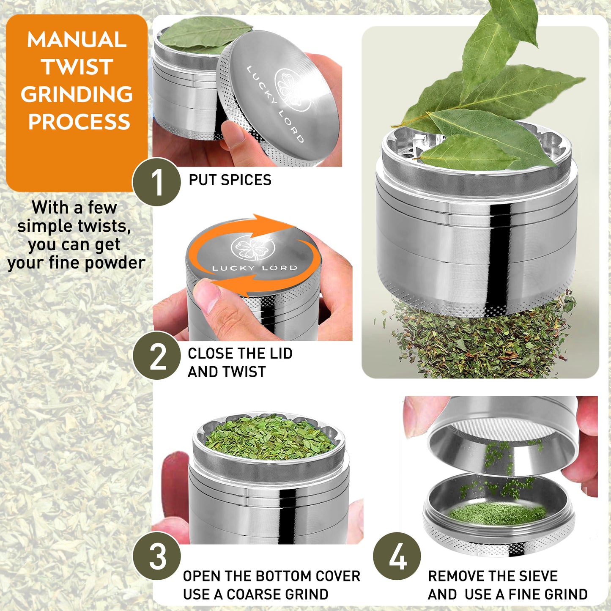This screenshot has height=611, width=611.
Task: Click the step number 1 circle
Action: (x=156, y=182)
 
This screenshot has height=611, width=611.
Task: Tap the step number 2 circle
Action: (x=156, y=356)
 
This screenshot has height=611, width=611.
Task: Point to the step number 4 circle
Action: (x=397, y=556)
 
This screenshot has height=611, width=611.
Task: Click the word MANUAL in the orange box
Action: (x=77, y=40)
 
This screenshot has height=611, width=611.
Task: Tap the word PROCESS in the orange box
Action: (x=79, y=122)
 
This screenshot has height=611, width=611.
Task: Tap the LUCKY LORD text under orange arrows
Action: (x=255, y=268)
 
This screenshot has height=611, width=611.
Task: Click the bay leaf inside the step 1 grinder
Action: (x=199, y=36)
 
